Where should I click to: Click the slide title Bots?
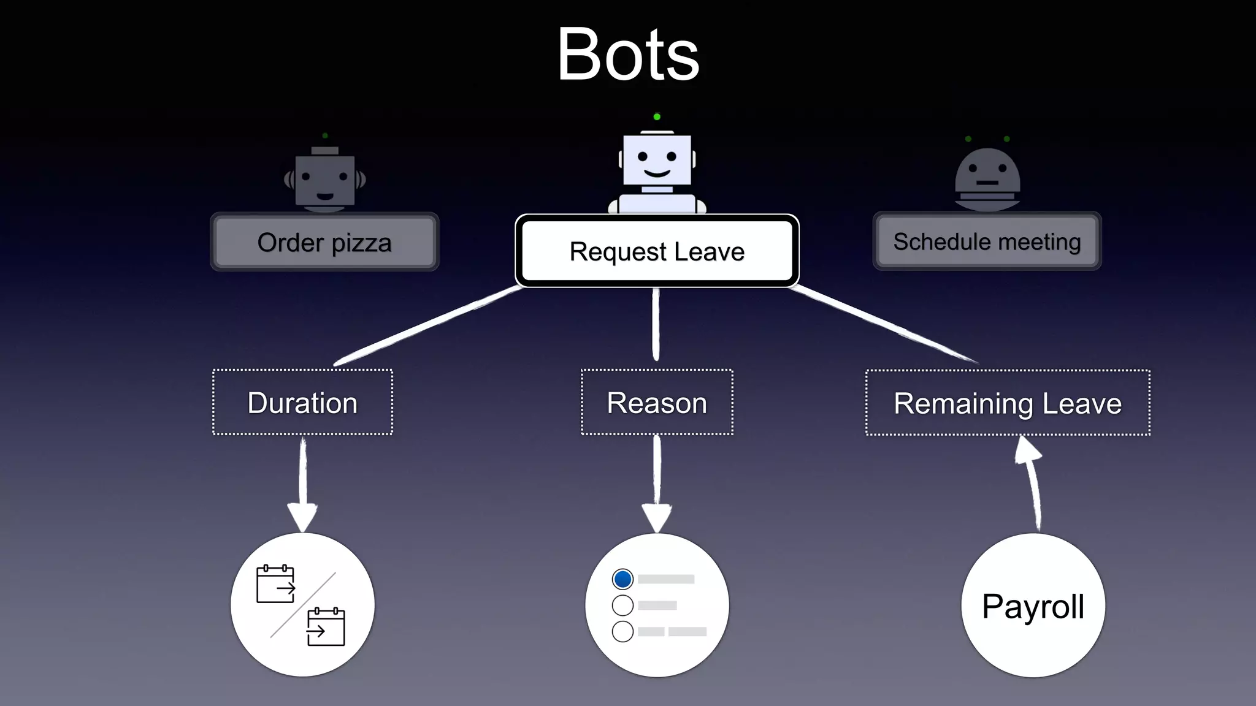(628, 55)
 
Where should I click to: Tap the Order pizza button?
(324, 243)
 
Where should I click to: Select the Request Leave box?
(657, 251)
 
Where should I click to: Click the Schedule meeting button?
(987, 241)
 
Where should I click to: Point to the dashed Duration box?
(302, 403)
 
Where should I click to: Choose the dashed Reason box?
(657, 403)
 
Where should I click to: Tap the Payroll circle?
(1033, 605)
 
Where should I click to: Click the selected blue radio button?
(622, 579)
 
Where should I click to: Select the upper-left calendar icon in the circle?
(275, 585)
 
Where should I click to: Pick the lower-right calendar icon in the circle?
(326, 627)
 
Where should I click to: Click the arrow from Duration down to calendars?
(302, 484)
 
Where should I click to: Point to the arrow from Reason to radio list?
(657, 484)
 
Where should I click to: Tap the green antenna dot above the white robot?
(657, 116)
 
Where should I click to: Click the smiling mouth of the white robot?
(657, 173)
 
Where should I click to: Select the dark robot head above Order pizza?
(325, 180)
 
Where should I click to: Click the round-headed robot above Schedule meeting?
(987, 178)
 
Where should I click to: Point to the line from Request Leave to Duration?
(429, 325)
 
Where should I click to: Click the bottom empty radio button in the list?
(622, 631)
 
